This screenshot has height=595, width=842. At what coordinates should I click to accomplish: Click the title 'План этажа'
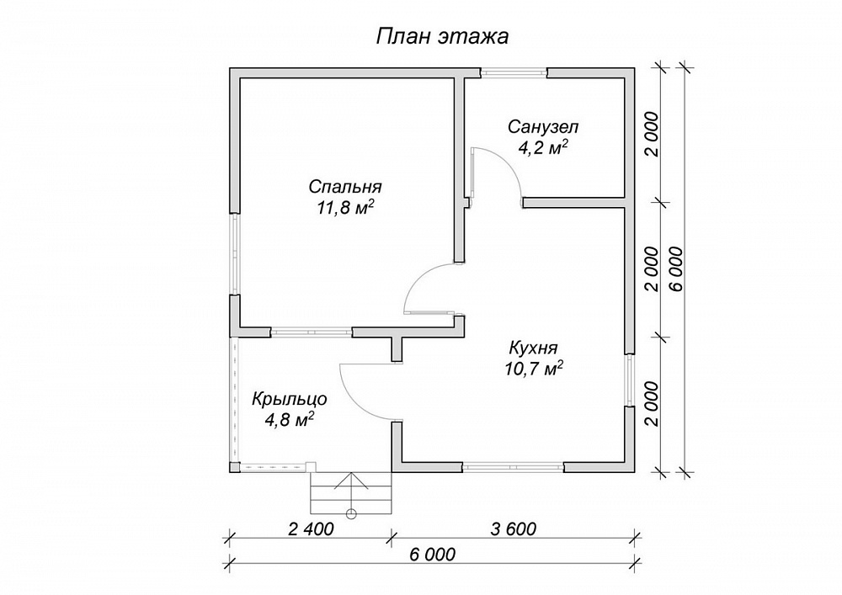click(441, 37)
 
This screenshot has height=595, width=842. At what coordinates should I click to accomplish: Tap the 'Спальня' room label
click(345, 187)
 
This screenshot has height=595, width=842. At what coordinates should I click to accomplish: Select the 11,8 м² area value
click(345, 208)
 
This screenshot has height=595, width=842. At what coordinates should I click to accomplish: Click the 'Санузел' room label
click(543, 127)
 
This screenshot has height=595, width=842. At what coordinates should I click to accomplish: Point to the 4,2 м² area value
click(543, 147)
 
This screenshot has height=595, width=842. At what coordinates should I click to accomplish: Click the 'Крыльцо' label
click(290, 400)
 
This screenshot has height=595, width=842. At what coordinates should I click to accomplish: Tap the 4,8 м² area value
click(290, 419)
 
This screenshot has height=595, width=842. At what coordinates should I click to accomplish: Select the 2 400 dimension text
click(311, 529)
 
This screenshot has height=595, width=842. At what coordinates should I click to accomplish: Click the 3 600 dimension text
click(514, 529)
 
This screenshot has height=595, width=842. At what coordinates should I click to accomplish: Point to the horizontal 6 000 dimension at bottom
click(432, 555)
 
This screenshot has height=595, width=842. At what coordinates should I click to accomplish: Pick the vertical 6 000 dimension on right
click(677, 268)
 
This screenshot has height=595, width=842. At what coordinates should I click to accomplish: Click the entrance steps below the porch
click(351, 494)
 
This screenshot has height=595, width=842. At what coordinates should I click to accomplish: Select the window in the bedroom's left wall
click(235, 254)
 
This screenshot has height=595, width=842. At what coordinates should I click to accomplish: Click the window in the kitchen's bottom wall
click(514, 467)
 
